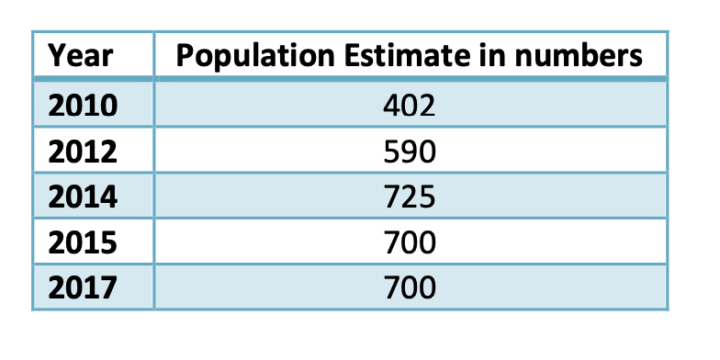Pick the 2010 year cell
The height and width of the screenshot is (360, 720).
83,105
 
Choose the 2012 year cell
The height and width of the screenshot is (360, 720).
83,151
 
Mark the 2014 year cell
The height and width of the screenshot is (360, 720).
83,197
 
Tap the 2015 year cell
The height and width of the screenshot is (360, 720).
83,242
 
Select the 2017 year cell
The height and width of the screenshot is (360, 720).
83,288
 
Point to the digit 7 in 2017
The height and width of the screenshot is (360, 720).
109,288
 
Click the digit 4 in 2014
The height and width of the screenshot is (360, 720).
109,197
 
